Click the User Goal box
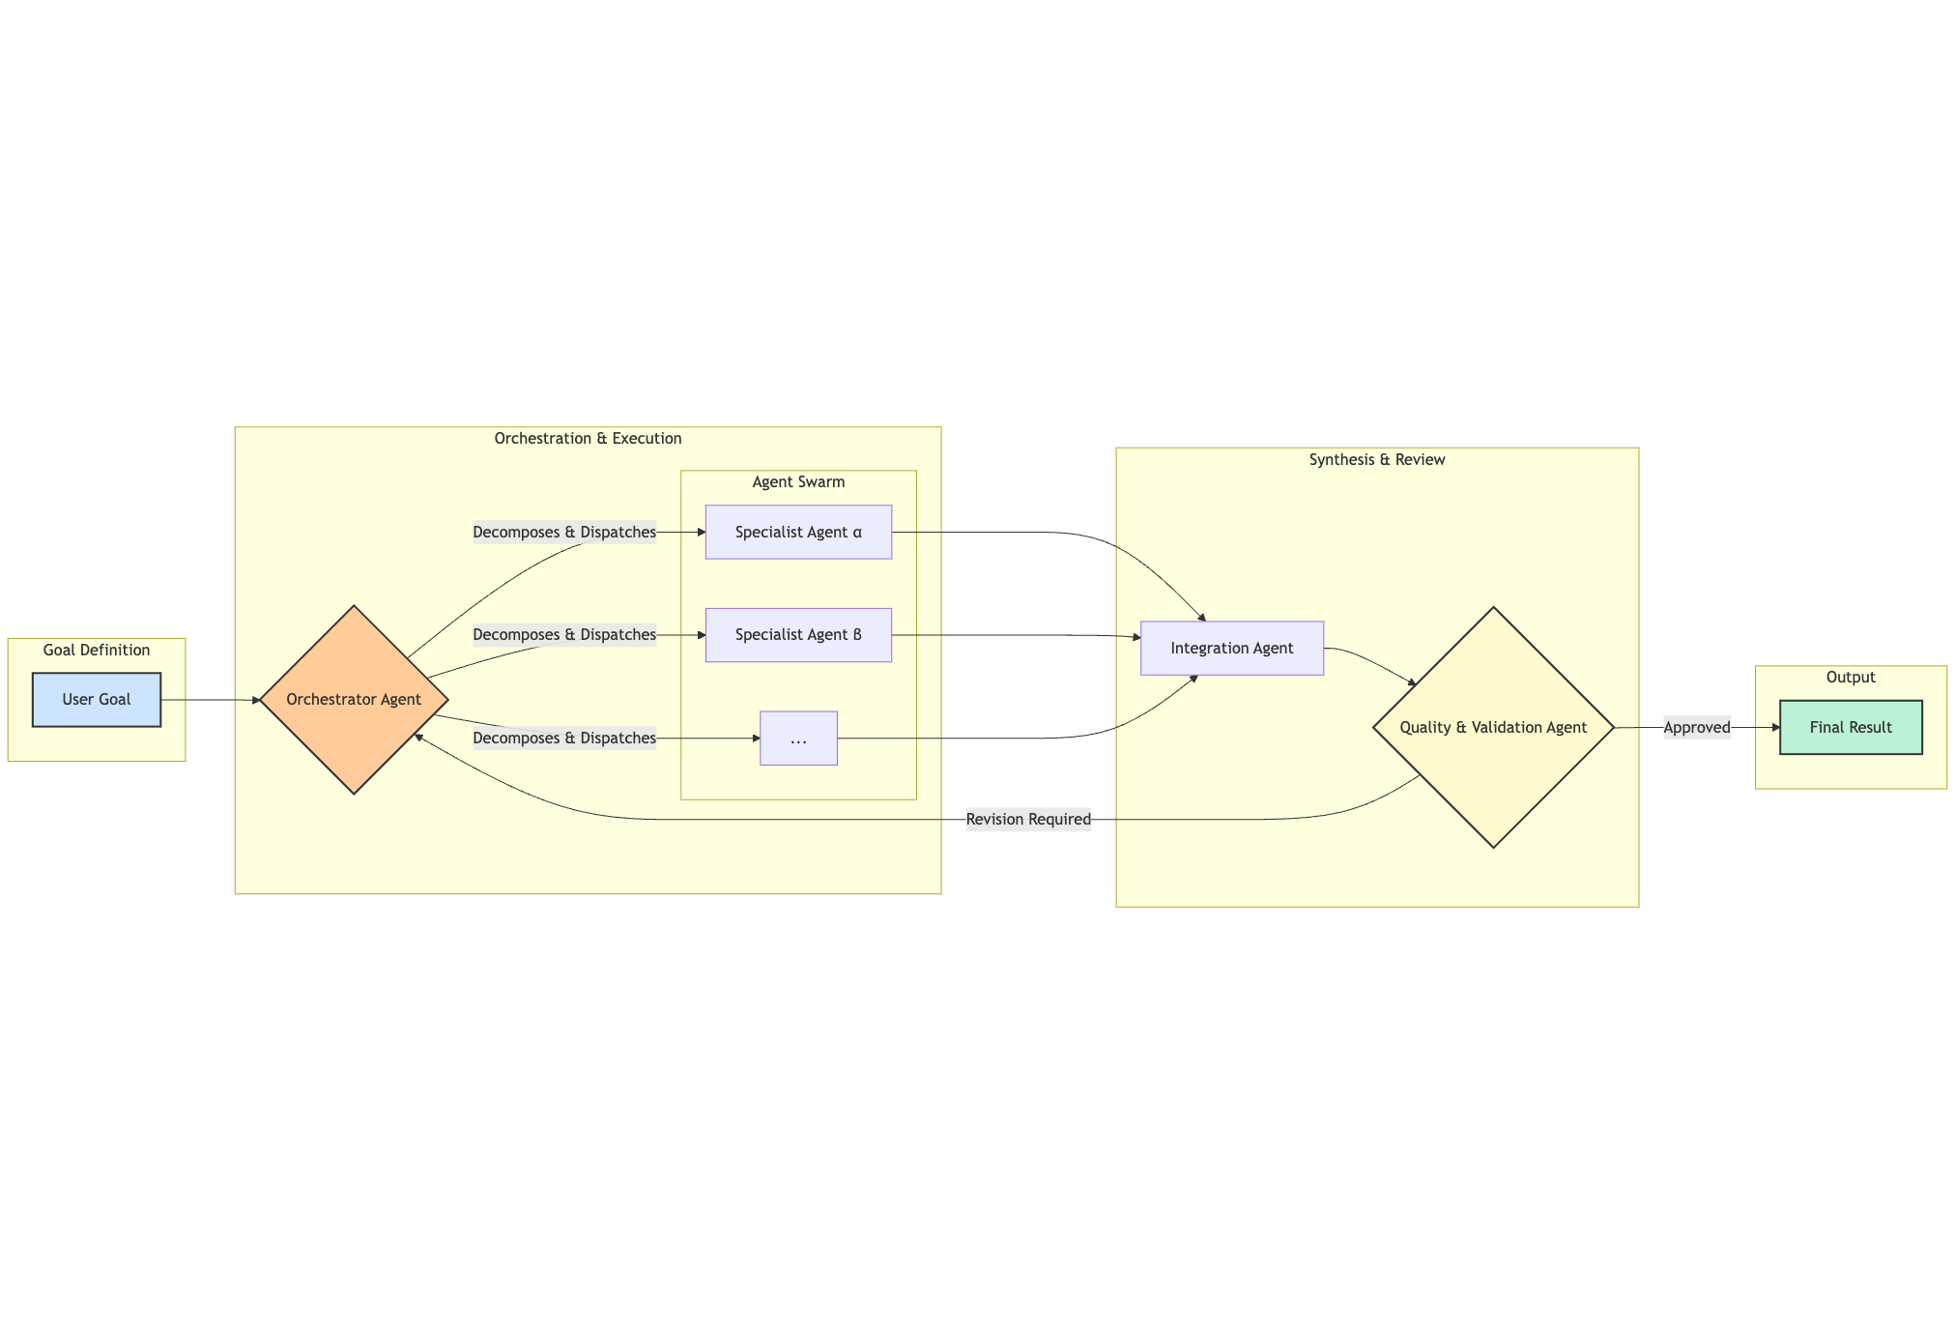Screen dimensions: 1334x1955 [97, 700]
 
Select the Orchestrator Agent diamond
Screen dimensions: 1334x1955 [354, 700]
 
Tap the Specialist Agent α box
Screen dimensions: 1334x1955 [798, 532]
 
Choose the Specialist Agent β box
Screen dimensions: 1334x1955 [798, 635]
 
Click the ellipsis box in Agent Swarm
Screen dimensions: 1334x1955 [798, 739]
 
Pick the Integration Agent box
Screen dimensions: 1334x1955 [1231, 648]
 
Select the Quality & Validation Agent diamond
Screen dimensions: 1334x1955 [1493, 727]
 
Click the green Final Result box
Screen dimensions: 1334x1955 [1851, 727]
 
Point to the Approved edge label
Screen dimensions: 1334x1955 [1697, 727]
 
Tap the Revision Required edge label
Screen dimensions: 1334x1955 [1028, 820]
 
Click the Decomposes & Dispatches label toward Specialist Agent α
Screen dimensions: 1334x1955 [564, 532]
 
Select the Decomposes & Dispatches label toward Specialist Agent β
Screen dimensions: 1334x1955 [564, 635]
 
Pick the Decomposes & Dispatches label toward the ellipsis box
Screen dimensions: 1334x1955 [564, 739]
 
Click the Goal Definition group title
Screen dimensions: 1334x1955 [97, 650]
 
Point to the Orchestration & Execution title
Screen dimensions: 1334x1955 [588, 439]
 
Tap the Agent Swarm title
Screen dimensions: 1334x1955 [798, 482]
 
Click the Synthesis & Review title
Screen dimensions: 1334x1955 [1377, 460]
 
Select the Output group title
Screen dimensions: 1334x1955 [1851, 678]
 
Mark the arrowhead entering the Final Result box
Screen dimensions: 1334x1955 [1775, 727]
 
